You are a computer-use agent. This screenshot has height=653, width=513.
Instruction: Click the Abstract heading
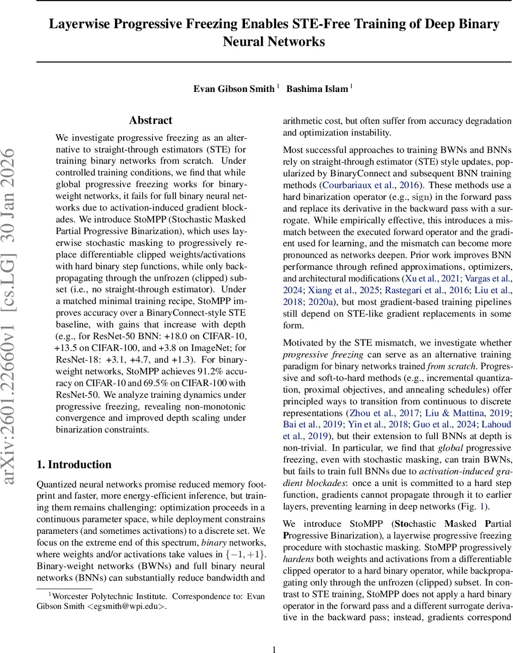[150, 120]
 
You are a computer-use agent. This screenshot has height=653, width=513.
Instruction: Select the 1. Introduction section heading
[74, 464]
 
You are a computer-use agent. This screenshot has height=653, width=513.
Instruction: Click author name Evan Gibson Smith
[234, 89]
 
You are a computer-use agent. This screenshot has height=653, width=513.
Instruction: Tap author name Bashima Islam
[316, 89]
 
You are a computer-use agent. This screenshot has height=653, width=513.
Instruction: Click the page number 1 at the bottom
[274, 634]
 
